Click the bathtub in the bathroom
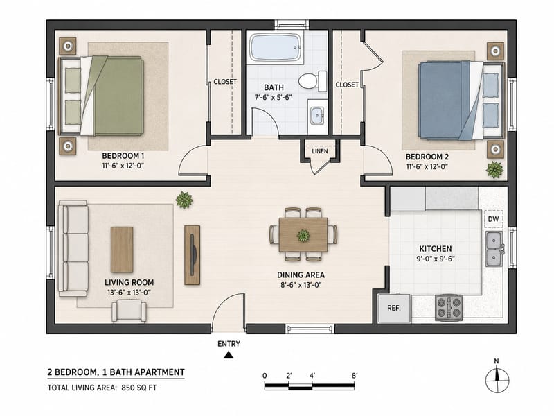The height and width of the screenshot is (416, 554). coord(275,47)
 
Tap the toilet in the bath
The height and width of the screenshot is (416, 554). coord(313,80)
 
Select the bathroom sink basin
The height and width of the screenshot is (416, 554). coord(317,116)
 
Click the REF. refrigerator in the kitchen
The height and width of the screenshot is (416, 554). coord(394,308)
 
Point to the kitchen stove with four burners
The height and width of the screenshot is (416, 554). coord(449,307)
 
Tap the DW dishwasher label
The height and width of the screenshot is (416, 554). coord(493,219)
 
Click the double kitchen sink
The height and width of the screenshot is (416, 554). coord(494,249)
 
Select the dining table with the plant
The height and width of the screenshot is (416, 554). coord(303,235)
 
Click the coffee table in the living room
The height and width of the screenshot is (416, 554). coord(122,250)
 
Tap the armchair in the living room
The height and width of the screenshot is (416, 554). coord(129,311)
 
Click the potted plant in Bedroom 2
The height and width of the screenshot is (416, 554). coord(494,169)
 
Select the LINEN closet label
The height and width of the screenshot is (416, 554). coord(320,151)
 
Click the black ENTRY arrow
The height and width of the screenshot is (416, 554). coord(229,354)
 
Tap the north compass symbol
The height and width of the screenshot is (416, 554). coord(497,379)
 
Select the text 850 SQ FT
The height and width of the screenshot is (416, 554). coord(139,388)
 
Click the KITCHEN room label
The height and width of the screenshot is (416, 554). coord(436,249)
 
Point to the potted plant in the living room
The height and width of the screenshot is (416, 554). coord(184,200)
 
